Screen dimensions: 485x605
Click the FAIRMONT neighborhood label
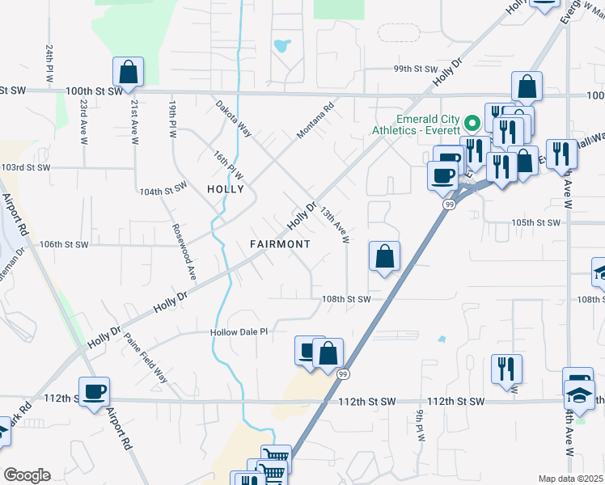point(279,243)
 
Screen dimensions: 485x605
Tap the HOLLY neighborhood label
point(226,189)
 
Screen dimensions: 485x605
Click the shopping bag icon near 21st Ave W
point(129,73)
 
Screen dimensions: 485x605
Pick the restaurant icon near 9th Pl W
point(506,369)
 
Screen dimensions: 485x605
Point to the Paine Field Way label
point(146,358)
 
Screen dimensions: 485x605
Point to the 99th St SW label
point(414,70)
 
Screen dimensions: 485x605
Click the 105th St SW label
point(535,222)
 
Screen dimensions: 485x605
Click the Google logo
point(27,474)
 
